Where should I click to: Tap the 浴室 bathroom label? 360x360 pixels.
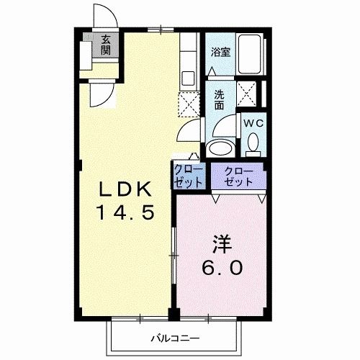click(220, 52)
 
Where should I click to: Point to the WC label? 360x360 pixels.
click(252, 123)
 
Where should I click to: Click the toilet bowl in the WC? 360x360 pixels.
click(253, 146)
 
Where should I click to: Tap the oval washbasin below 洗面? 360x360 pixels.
click(219, 148)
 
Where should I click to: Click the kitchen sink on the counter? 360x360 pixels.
click(189, 78)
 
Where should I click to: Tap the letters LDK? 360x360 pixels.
click(125, 190)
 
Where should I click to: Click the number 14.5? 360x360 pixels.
click(126, 214)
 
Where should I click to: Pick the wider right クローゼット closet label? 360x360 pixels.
click(238, 176)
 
